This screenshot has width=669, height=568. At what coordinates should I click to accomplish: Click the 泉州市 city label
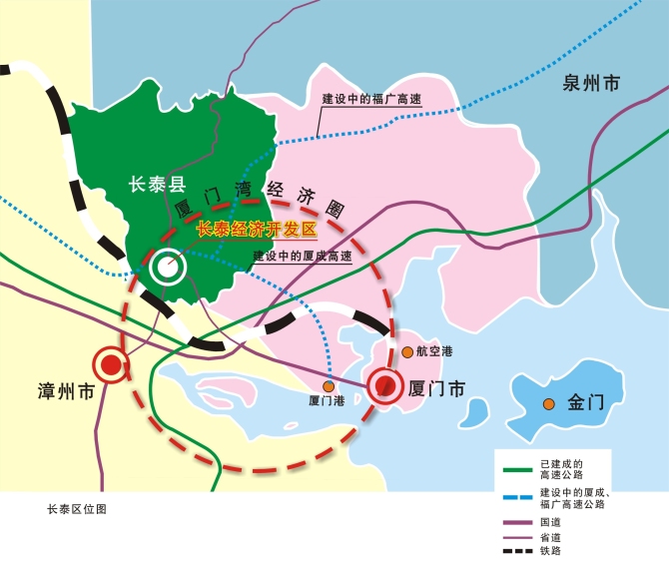click(589, 82)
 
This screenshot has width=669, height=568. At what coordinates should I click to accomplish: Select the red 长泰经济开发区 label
click(257, 230)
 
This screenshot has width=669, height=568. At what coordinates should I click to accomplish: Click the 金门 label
click(586, 403)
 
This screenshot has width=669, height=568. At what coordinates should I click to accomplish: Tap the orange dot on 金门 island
click(549, 403)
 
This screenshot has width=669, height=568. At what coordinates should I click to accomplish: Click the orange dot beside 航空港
click(407, 351)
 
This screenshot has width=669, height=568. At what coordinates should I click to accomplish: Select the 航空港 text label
click(434, 352)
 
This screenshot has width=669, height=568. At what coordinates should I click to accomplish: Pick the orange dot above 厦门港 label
click(328, 385)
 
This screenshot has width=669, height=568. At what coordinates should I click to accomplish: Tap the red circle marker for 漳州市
click(111, 366)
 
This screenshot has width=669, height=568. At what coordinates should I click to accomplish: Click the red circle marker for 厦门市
click(385, 385)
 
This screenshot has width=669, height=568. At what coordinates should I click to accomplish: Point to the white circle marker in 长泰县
click(166, 267)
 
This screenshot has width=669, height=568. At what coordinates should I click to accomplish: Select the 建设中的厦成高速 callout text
click(302, 257)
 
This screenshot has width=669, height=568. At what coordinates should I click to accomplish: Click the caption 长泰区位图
click(77, 508)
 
